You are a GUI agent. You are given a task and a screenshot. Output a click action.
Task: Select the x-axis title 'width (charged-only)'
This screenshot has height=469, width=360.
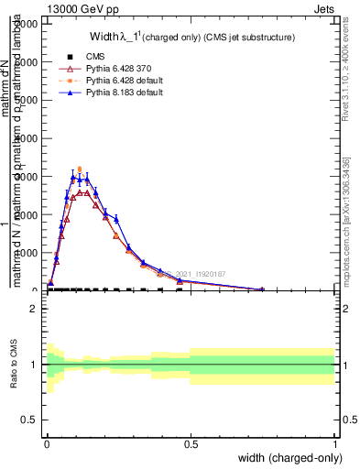click(x=287, y=458)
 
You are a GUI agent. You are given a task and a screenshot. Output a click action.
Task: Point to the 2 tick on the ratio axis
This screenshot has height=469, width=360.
click(x=34, y=309)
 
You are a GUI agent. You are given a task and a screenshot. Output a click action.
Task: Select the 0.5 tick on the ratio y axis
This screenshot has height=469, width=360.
click(x=29, y=420)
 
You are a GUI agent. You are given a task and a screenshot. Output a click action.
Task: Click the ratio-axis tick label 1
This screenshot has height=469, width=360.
click(x=34, y=365)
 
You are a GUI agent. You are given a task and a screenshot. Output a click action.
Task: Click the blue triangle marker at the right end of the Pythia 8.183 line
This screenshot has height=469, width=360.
click(x=263, y=289)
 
